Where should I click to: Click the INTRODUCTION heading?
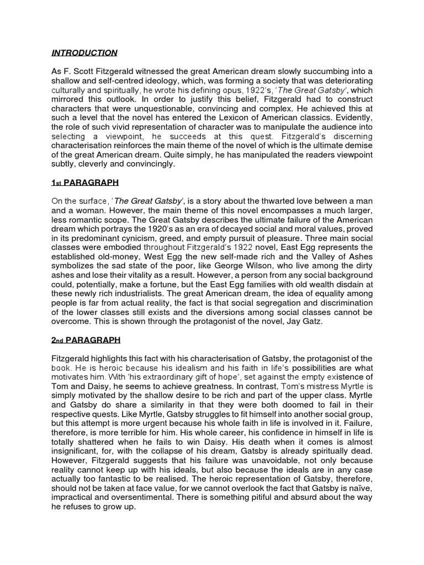coord(84,53)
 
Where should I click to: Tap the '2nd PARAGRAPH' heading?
coord(86,339)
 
